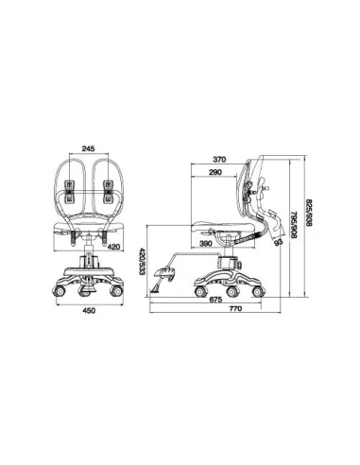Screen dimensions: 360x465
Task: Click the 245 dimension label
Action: click(x=88, y=148)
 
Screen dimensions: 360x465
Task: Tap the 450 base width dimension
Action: click(x=89, y=311)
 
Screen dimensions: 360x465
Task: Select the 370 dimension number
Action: click(x=219, y=160)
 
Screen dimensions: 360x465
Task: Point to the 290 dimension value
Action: click(x=215, y=172)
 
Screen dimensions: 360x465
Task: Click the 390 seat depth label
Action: click(x=205, y=243)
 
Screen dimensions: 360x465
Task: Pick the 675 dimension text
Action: click(x=215, y=300)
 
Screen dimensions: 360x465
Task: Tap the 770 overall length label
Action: click(x=235, y=308)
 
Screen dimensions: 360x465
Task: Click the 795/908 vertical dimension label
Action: click(x=293, y=224)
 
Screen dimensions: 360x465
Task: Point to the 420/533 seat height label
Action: click(x=143, y=262)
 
